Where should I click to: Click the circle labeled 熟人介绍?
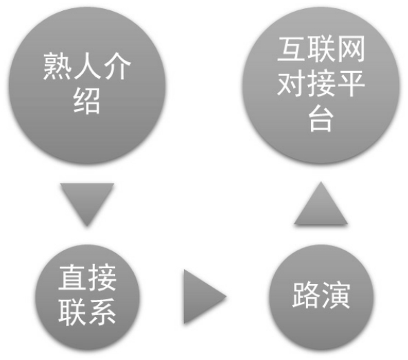point(87,86)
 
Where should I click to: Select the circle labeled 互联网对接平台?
point(321,86)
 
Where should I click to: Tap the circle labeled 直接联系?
point(87,297)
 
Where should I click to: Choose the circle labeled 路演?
point(321,297)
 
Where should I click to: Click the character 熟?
point(57,66)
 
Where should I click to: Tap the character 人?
point(87,66)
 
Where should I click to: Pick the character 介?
point(117,66)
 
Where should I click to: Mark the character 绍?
point(87,101)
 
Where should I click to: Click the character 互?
point(291,49)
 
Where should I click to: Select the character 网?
point(351,49)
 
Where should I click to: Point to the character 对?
point(291,83)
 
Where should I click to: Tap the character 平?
point(351,83)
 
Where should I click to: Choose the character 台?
point(321,119)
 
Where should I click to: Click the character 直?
point(72,277)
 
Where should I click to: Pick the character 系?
point(102,312)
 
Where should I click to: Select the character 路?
point(306,295)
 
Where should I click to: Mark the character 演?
point(336,295)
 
